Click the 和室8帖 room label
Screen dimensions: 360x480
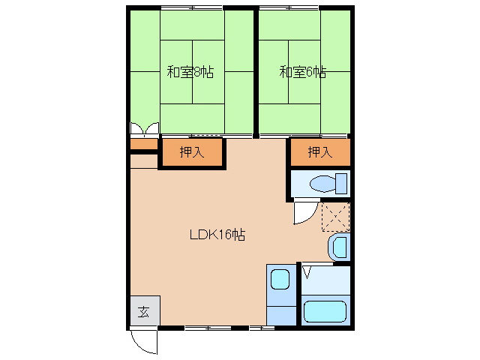point(190,73)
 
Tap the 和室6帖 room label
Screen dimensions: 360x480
point(303,73)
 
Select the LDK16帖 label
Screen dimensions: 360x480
point(217,235)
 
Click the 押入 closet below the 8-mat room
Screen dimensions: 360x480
point(191,152)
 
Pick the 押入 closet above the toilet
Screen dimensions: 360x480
point(320,152)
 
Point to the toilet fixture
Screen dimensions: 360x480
point(324,184)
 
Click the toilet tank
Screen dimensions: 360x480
point(341,184)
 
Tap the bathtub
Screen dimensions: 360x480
point(325,310)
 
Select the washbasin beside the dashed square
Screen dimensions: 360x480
point(339,247)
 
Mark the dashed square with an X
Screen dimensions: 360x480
point(335,217)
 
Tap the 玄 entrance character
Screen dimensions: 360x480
point(143,312)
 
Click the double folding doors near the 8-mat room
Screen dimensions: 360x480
point(144,128)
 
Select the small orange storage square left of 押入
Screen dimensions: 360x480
point(143,144)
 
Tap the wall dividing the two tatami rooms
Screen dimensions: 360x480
point(256,71)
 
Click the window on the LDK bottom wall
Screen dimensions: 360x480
point(208,328)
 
